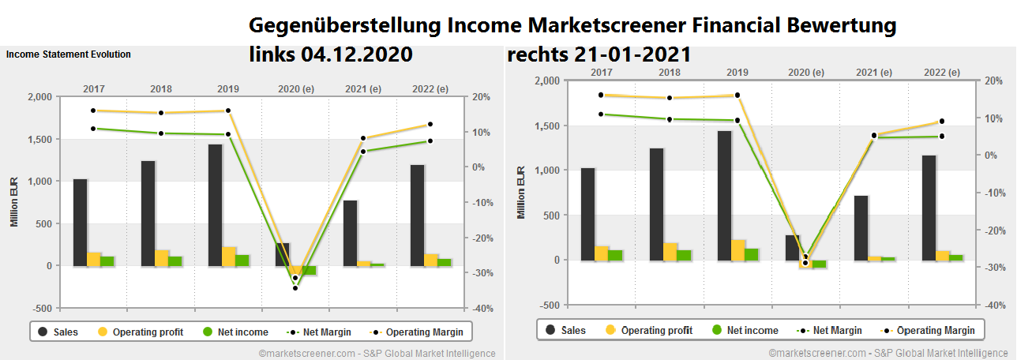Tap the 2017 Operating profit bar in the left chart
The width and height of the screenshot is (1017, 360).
click(x=93, y=259)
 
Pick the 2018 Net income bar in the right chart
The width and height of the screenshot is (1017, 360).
click(x=684, y=255)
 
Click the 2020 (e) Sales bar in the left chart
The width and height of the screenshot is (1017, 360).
click(x=282, y=254)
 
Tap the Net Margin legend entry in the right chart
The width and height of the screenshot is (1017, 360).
click(x=826, y=330)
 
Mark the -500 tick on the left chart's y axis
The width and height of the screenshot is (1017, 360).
click(x=44, y=308)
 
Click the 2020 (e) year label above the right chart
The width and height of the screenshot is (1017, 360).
click(x=805, y=73)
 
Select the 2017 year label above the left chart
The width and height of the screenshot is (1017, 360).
click(x=93, y=89)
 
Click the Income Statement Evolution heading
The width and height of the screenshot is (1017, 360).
click(x=69, y=54)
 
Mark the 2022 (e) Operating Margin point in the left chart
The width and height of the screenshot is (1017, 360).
click(x=430, y=124)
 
